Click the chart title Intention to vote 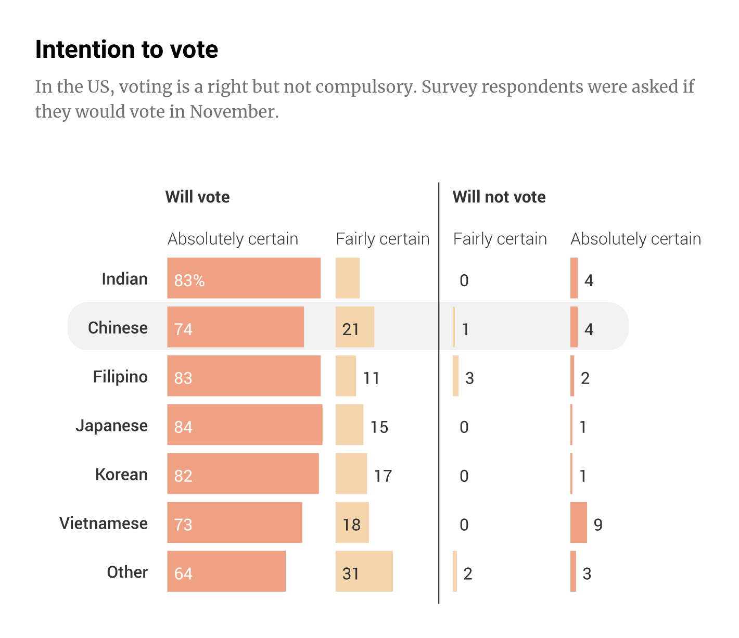click(126, 50)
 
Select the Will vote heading click(197, 197)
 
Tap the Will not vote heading click(499, 197)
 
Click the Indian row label click(124, 279)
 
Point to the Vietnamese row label click(104, 523)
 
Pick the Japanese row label click(111, 426)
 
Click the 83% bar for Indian click(244, 278)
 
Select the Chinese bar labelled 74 click(235, 327)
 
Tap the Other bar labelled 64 click(226, 571)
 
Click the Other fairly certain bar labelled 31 click(364, 571)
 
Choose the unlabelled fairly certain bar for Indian click(347, 278)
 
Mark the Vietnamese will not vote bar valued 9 click(578, 522)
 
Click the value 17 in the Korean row click(383, 476)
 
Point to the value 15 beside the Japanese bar click(379, 427)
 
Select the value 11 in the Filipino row click(371, 378)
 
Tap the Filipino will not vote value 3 click(469, 378)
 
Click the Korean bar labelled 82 click(243, 474)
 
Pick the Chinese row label click(118, 328)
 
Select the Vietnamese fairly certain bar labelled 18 click(352, 522)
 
